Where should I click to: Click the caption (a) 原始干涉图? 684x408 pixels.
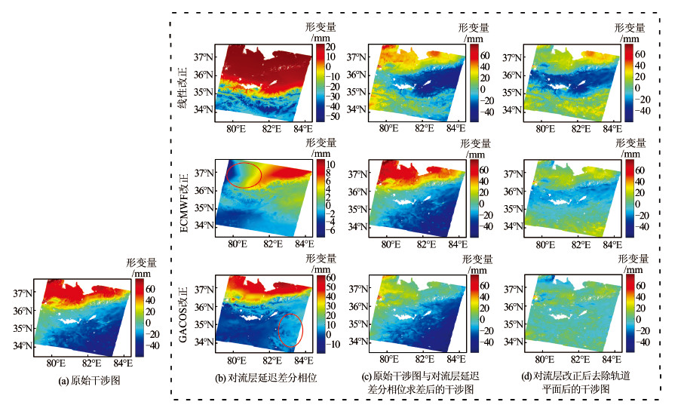(x=89, y=382)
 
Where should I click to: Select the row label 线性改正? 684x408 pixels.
(x=183, y=83)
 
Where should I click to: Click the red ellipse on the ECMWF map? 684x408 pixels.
(x=244, y=175)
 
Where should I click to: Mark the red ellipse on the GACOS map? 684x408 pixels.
(x=290, y=331)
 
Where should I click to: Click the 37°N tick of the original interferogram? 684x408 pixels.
(x=23, y=293)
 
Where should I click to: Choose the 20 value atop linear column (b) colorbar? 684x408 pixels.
(x=330, y=47)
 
